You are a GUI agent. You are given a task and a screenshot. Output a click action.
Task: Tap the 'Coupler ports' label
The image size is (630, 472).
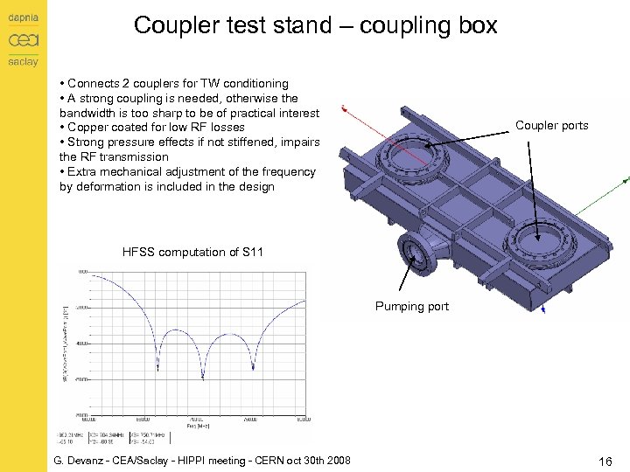coord(551,125)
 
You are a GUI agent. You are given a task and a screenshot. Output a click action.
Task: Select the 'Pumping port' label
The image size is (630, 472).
coord(411,306)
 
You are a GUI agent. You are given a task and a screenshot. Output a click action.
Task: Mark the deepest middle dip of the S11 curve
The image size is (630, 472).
coord(203,377)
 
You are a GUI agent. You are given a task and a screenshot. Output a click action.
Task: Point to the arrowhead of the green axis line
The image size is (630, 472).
coord(626,178)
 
